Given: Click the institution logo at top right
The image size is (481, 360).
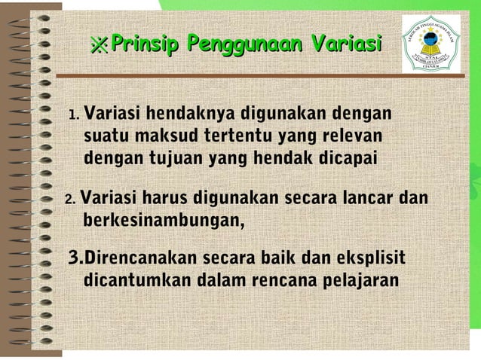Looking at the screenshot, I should point(430,43).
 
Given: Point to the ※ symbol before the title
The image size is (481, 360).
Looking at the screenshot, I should point(99,45).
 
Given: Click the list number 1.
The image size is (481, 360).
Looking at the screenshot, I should point(73,116).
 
